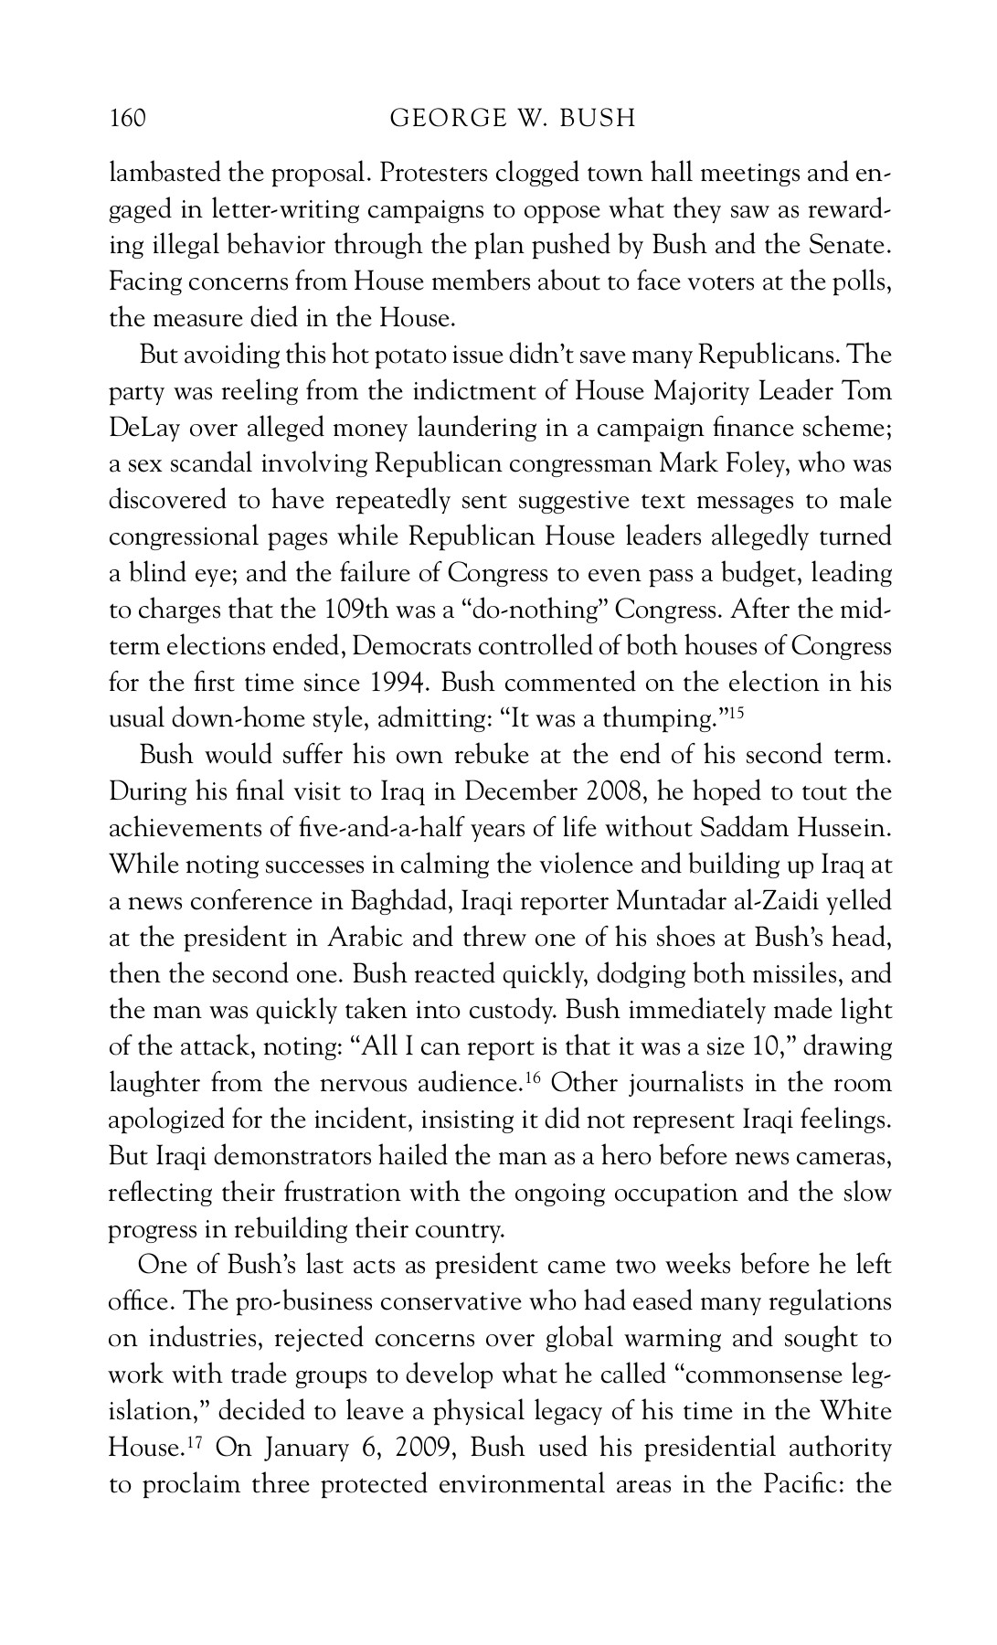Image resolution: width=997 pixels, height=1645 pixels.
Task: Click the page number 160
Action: [128, 119]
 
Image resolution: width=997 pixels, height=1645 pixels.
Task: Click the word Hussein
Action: [843, 828]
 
